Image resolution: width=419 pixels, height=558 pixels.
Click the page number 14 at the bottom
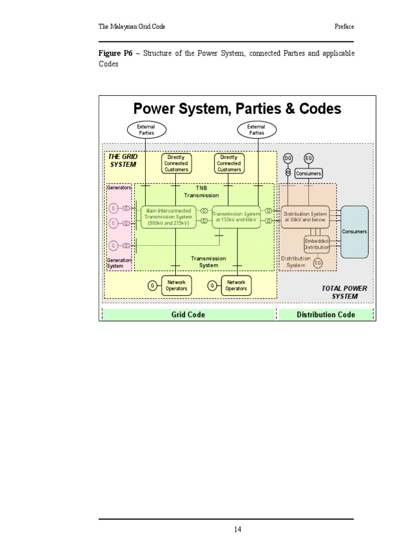(237, 529)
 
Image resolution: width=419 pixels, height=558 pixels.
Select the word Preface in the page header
(344, 27)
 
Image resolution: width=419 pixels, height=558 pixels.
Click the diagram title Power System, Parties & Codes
(237, 108)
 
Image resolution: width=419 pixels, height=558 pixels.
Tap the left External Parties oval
(146, 130)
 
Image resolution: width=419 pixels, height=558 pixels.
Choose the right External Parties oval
(256, 130)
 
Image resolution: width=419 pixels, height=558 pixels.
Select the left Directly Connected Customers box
(176, 163)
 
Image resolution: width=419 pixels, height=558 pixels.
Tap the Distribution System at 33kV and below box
(305, 216)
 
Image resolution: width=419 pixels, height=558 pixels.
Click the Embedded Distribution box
(317, 244)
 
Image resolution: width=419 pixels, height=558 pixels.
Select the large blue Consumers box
(354, 232)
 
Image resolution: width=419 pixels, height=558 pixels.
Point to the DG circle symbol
(288, 158)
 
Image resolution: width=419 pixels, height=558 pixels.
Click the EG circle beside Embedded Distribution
(318, 263)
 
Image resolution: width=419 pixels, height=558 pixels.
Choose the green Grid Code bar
(188, 314)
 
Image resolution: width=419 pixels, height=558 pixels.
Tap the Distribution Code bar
(326, 314)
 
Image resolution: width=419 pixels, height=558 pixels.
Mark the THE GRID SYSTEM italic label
(123, 160)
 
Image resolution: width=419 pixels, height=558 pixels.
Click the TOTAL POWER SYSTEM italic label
(344, 292)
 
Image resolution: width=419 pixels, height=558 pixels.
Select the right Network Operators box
(236, 286)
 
